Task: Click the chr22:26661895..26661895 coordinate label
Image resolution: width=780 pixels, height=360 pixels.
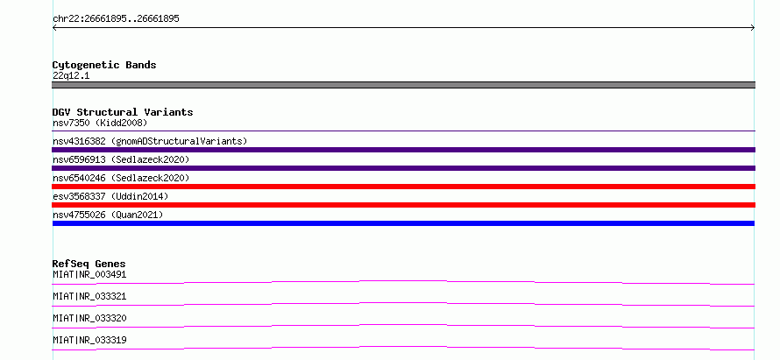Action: click(116, 19)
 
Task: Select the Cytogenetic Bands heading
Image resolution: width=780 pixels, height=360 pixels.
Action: click(104, 65)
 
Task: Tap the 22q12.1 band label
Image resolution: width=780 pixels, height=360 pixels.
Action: click(71, 76)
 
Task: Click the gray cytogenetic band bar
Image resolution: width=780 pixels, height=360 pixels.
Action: click(403, 85)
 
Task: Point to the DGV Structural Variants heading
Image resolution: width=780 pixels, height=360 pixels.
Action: click(123, 112)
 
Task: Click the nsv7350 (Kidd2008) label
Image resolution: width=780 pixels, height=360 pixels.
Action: click(100, 123)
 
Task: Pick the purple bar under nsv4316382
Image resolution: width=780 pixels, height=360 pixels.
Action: click(403, 150)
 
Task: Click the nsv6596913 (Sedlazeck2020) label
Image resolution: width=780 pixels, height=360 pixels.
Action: click(121, 159)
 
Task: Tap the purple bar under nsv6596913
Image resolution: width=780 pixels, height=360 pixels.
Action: click(403, 168)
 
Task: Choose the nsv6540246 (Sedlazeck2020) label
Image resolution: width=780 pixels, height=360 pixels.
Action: click(121, 178)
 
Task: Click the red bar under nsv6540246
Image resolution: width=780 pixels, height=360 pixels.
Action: click(403, 187)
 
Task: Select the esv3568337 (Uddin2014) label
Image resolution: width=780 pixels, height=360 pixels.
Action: click(110, 196)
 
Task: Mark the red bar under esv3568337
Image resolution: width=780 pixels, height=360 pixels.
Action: click(403, 205)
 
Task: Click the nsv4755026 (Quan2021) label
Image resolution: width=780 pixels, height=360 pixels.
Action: click(108, 215)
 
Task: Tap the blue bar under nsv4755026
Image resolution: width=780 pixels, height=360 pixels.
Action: click(403, 223)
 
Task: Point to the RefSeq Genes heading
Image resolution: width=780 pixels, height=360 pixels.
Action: click(89, 264)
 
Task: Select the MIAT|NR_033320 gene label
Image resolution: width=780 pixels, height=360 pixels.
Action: click(89, 318)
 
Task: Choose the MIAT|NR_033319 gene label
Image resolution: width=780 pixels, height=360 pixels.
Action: click(89, 340)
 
